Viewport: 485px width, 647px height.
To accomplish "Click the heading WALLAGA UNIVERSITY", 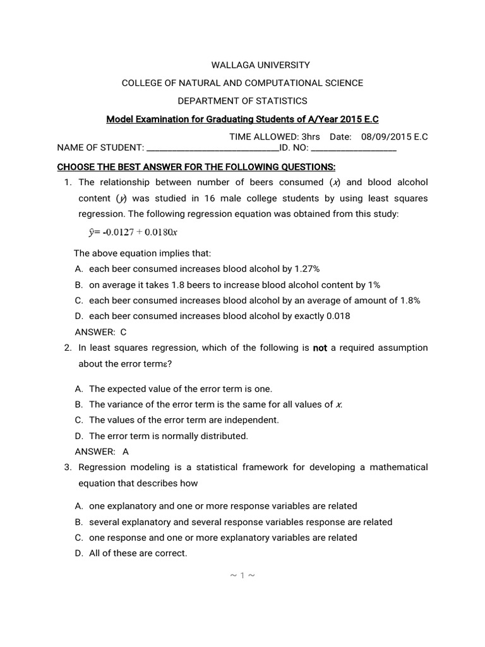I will click(242, 65).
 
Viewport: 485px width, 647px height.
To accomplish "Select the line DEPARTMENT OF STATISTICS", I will click(242, 101).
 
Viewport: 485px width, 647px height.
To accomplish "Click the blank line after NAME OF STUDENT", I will click(212, 148).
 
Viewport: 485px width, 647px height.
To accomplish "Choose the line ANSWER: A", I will click(102, 452).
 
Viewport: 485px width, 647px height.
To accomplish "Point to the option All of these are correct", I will click(138, 553).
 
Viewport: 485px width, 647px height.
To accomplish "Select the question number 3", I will click(68, 468).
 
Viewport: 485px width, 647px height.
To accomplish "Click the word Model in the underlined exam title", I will click(119, 119).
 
